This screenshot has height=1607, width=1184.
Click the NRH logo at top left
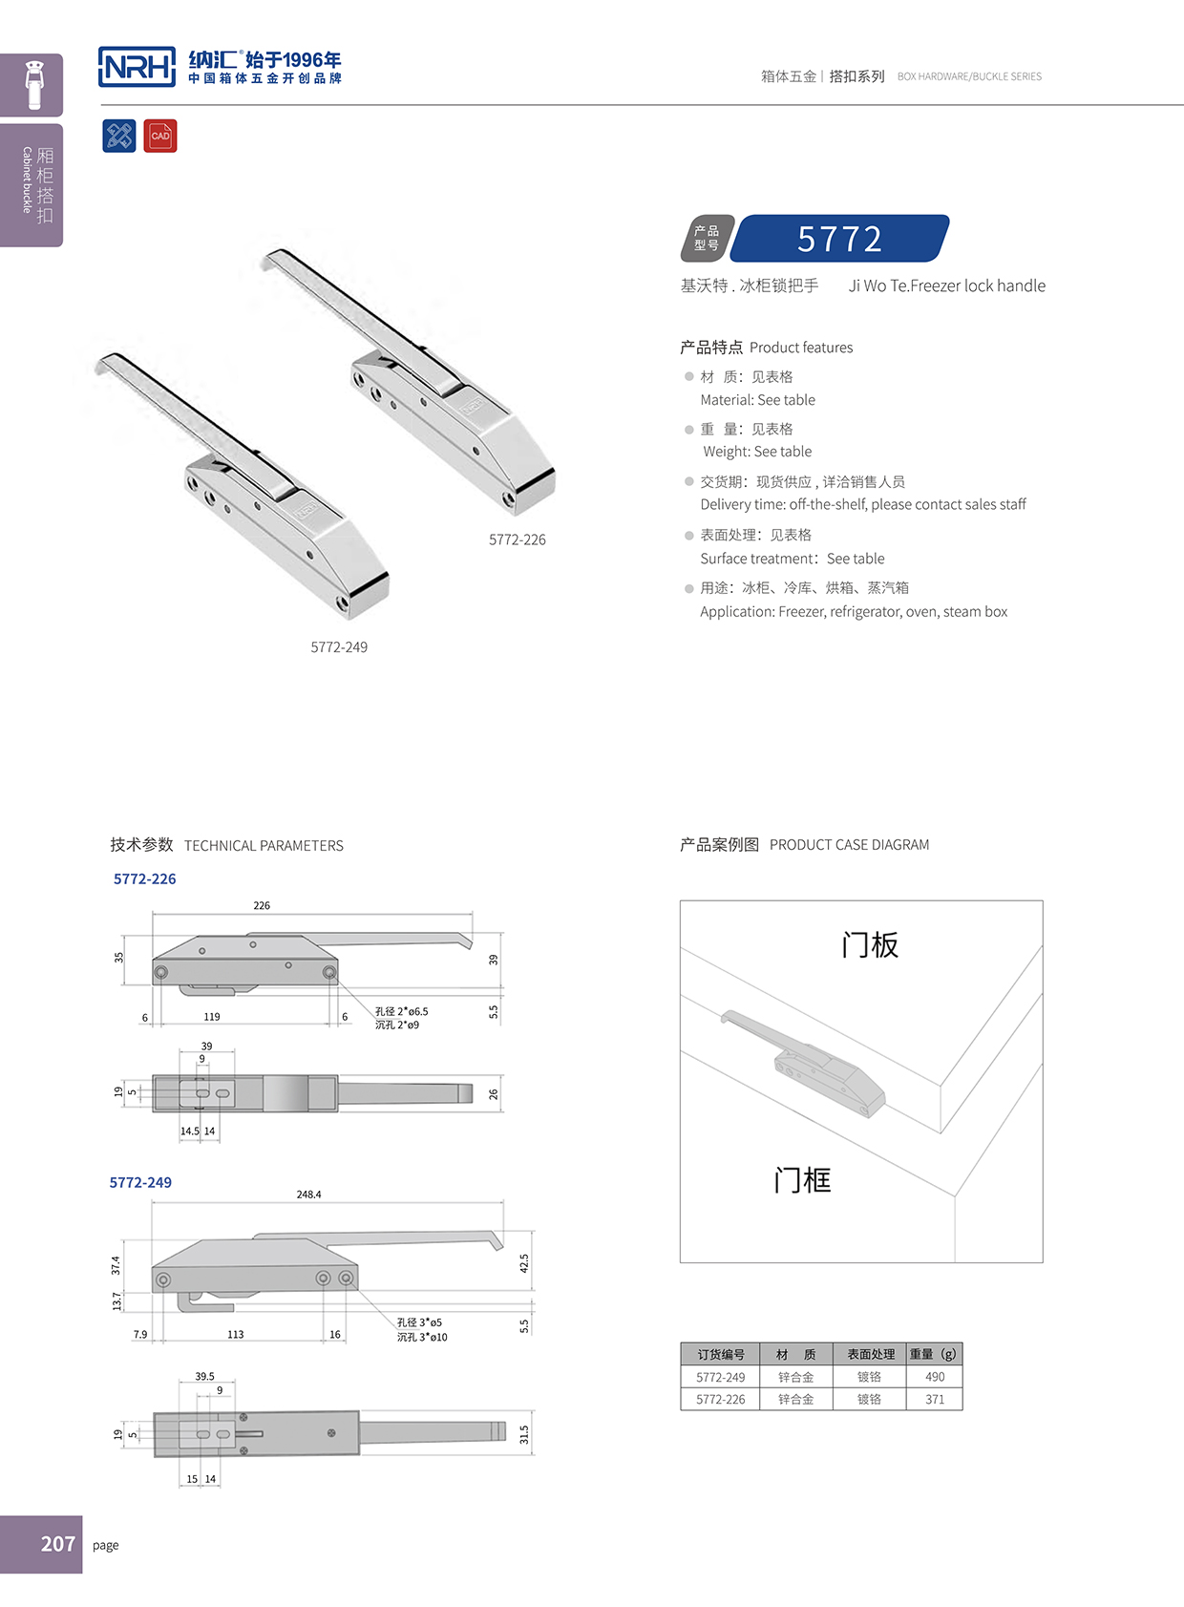137,67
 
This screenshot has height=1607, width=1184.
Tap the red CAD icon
160,136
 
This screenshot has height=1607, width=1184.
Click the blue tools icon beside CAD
119,136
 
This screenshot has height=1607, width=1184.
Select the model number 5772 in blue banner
839,239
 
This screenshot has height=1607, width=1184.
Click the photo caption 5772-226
517,539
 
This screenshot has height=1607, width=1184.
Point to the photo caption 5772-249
339,647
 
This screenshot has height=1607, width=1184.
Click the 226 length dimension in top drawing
262,905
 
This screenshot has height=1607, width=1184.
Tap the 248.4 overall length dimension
308,1195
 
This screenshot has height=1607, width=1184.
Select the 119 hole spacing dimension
212,1017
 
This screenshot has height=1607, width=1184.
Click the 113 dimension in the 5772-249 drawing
236,1335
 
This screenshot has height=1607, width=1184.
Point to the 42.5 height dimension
523,1263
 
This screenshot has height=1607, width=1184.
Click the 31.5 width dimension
523,1434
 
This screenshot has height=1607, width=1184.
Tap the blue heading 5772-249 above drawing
140,1182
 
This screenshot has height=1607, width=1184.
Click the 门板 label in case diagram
870,945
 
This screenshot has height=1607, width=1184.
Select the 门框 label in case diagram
802,1180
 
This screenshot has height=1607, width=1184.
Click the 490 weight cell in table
935,1377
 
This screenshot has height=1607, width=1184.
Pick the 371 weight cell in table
935,1399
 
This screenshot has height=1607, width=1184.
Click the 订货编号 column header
720,1354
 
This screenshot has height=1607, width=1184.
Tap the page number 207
57,1544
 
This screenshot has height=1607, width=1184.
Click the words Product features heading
801,348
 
